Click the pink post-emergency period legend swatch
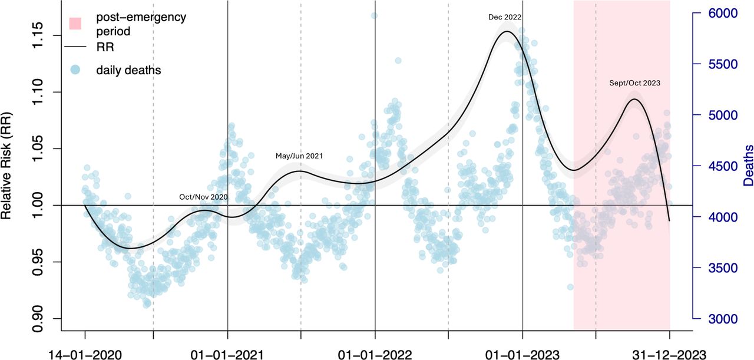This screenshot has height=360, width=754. [x=75, y=23]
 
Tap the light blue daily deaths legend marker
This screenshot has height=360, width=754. [x=75, y=70]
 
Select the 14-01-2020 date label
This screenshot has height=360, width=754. [x=85, y=352]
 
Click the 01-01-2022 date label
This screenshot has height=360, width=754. [x=375, y=352]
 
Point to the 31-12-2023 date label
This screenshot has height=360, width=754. [x=670, y=352]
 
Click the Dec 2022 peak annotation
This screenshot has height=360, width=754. [x=505, y=18]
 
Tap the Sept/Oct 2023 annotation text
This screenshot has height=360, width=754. [x=634, y=83]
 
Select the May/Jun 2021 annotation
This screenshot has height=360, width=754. [x=299, y=156]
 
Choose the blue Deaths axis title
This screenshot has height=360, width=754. [x=748, y=166]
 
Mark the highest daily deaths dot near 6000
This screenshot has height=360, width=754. [x=375, y=15]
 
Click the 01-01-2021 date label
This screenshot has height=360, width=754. [x=227, y=352]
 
